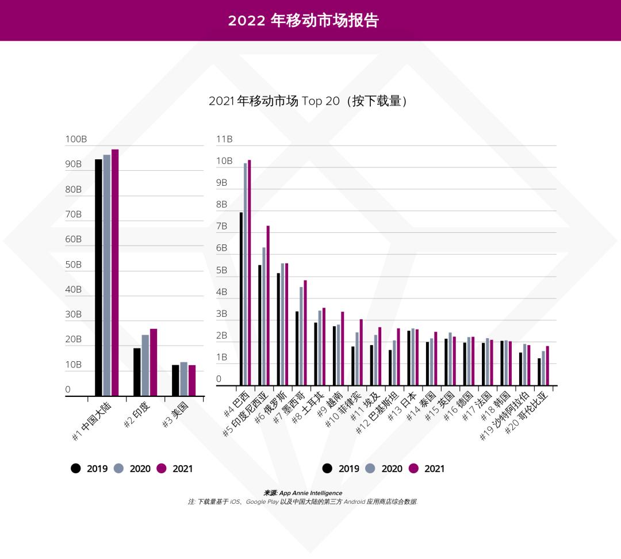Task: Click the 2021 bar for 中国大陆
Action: (115, 273)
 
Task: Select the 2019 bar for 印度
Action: (137, 372)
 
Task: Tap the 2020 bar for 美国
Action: (183, 379)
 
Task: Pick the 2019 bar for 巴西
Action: (241, 299)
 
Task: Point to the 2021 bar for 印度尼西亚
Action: (268, 305)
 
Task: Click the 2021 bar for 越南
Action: (343, 349)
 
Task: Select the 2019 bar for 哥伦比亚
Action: (539, 372)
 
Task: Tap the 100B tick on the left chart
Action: (76, 140)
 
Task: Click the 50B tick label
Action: (74, 265)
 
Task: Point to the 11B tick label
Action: (224, 139)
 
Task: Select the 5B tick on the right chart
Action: (222, 270)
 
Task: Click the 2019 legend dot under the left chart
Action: (76, 469)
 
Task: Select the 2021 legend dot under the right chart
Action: (413, 469)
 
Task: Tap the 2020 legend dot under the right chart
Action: (370, 469)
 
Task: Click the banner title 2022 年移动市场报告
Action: (304, 21)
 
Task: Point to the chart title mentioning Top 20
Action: (308, 101)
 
